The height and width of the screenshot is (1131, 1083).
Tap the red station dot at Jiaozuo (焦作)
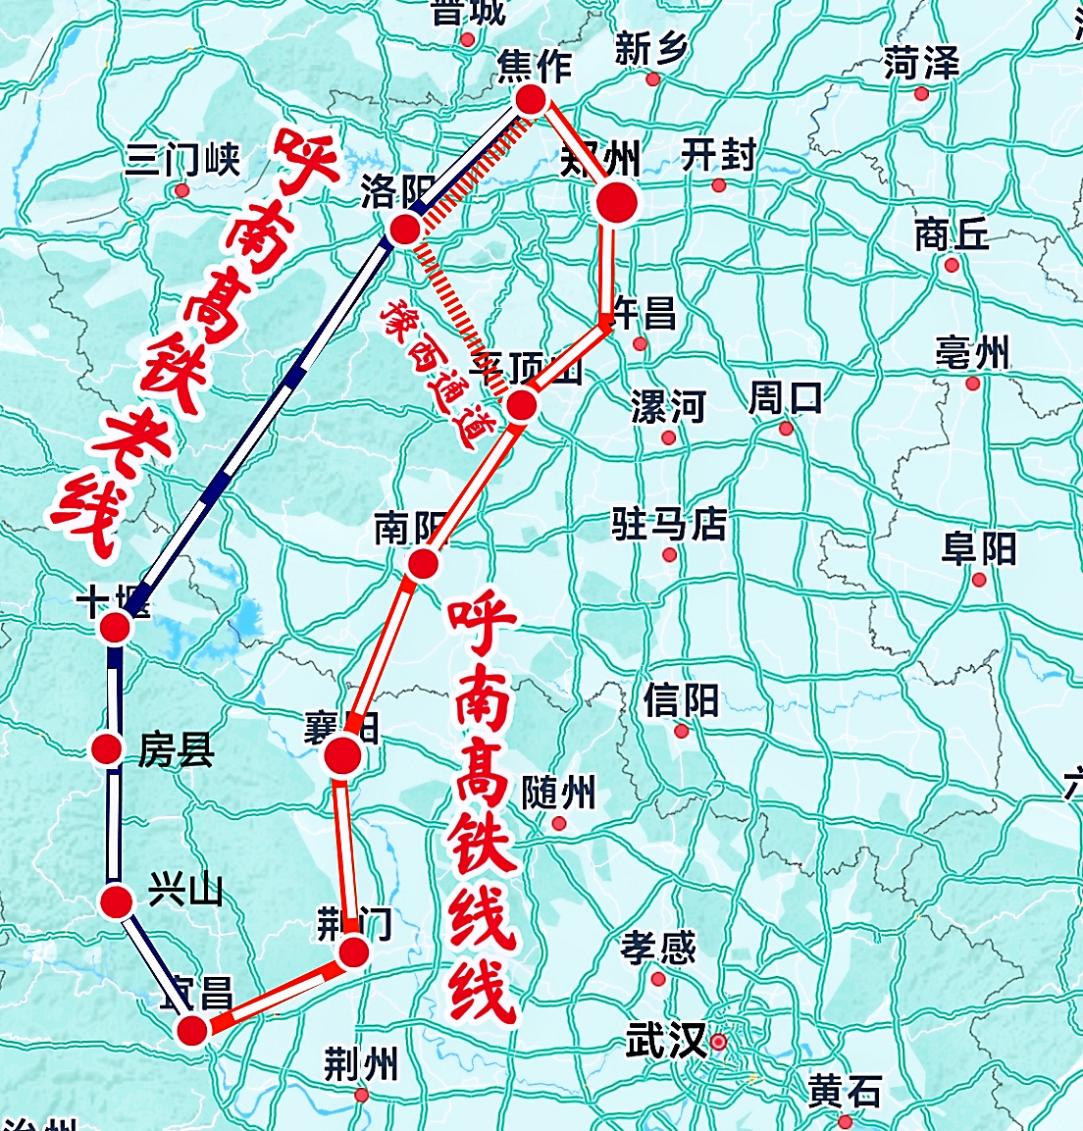click(530, 99)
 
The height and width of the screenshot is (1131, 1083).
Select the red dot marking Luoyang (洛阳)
click(405, 230)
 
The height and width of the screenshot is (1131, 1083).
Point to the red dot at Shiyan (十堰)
click(116, 627)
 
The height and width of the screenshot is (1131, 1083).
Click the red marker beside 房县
click(107, 749)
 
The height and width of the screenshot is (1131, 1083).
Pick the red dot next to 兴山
click(116, 900)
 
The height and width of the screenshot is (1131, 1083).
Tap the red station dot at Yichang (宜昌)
click(192, 1030)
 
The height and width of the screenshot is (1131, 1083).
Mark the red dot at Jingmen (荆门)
click(353, 951)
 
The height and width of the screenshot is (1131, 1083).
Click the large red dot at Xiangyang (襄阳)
click(343, 755)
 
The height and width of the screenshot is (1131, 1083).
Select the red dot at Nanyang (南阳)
click(423, 563)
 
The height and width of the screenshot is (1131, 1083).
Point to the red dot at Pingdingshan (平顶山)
click(521, 403)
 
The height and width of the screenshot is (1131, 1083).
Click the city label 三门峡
click(182, 159)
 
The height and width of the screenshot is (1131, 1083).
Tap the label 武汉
click(665, 1040)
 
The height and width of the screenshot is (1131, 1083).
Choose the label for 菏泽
click(920, 64)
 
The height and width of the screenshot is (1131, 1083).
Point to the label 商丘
click(951, 234)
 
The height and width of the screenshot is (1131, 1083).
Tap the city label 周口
click(786, 398)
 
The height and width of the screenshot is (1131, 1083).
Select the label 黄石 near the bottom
click(845, 1091)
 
